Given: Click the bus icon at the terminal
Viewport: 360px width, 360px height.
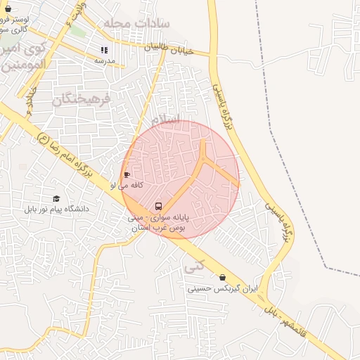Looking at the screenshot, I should click(158, 207).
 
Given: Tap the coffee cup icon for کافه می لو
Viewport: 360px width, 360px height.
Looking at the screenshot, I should click(127, 174).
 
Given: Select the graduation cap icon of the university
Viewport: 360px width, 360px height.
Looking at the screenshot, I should click(56, 199).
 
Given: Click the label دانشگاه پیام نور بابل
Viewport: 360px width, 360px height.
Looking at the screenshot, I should click(56, 210).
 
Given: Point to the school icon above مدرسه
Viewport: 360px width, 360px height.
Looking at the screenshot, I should click(105, 50).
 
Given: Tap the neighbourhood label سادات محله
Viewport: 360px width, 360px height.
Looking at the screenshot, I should click(136, 23).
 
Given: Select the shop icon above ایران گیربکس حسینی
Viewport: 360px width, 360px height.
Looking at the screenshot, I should click(223, 278).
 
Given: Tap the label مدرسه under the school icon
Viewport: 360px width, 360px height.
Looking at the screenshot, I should click(105, 60).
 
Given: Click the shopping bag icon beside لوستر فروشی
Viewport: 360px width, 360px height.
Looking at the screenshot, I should click(8, 10).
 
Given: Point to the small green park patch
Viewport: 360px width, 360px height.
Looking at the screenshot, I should click(78, 32).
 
